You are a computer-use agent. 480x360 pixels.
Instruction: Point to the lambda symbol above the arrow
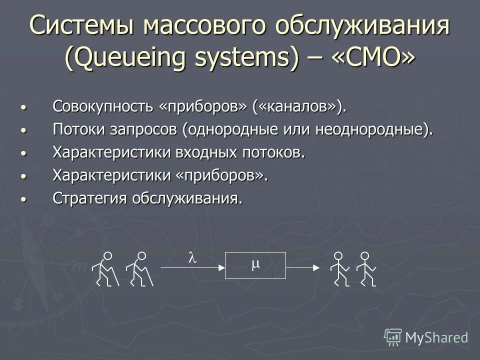click(192, 258)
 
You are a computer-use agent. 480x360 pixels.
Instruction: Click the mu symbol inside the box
click(255, 264)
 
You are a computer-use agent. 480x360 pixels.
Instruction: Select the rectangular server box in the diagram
click(255, 265)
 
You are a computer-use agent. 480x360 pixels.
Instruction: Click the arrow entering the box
click(192, 268)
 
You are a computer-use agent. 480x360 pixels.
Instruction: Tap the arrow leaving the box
click(302, 268)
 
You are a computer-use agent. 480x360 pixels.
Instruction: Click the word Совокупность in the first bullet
click(103, 106)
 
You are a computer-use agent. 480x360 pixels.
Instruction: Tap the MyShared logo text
click(436, 337)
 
